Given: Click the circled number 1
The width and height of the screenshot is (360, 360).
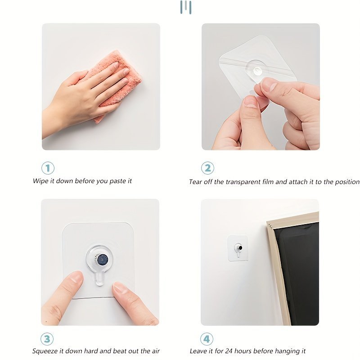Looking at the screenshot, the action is [48, 168].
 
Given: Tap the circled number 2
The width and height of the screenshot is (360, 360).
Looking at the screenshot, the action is [207, 168].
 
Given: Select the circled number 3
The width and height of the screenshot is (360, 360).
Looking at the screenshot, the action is [47, 339].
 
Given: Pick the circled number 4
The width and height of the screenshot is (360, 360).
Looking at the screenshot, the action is [207, 339].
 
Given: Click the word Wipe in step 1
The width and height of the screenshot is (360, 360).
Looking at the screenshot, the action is [40, 181].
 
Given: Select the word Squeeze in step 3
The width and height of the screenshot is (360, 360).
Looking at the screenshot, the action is [45, 351].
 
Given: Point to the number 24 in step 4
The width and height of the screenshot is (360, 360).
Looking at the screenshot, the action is [229, 351].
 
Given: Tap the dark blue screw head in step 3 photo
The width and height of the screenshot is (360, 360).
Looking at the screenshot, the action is [103, 260].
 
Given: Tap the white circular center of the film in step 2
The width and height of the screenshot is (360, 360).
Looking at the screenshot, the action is [257, 71].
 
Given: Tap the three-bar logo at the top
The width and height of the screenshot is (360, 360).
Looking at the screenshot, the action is [186, 7].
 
